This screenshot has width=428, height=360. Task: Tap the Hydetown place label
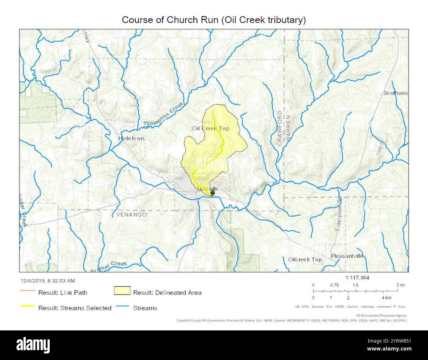[x=131, y=139]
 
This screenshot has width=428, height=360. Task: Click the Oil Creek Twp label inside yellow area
[x=210, y=128]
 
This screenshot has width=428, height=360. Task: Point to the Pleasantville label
[x=347, y=256]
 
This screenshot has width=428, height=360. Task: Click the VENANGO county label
[x=131, y=215]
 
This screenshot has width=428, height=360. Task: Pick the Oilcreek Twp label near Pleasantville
[x=305, y=260]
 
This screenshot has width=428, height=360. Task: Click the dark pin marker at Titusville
[x=213, y=191]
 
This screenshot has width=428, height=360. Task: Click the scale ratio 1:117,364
[x=357, y=278]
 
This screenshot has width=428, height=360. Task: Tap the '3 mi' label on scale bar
[x=400, y=285]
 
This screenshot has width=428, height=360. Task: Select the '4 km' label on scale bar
[x=387, y=297]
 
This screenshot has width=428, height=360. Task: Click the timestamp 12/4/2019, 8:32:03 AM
[x=48, y=281]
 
